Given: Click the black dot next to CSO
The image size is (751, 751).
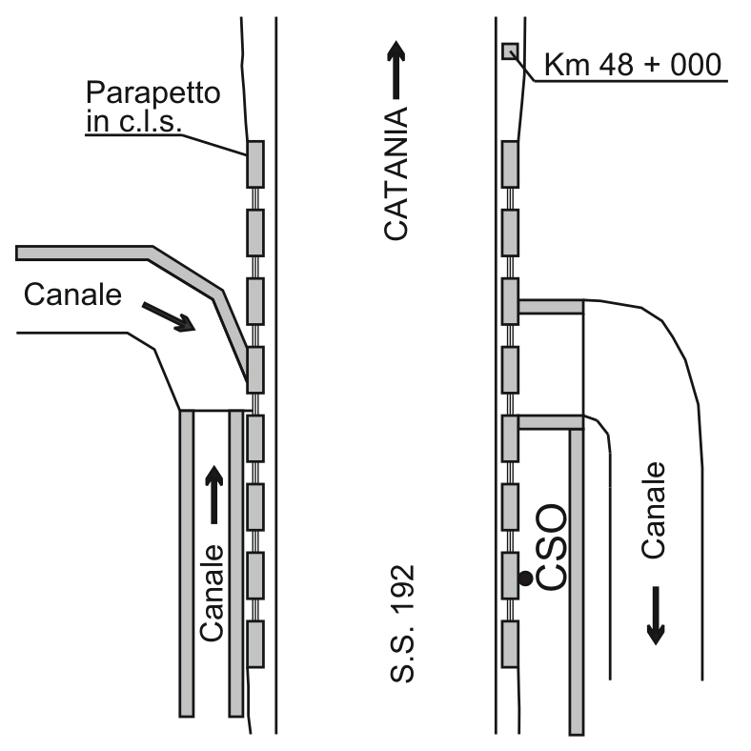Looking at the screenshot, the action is (x=525, y=578).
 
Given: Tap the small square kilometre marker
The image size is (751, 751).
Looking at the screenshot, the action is (x=510, y=51).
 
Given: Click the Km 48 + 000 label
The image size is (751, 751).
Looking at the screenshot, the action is (x=633, y=64).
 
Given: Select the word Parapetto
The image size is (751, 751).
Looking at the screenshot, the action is (x=152, y=92).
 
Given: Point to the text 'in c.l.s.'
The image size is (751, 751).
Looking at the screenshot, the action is (x=134, y=121).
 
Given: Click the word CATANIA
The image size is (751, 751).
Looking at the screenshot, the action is (x=396, y=173).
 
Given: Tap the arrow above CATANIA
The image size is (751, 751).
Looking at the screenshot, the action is (x=396, y=70).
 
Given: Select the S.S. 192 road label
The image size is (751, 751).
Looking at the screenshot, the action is (x=402, y=623).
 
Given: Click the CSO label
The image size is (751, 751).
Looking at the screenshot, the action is (x=550, y=547).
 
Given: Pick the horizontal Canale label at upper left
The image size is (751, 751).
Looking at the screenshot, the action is (x=72, y=294).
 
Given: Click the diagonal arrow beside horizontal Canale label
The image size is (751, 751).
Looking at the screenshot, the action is (x=169, y=316).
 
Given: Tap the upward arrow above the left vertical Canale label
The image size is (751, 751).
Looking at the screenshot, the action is (x=214, y=495).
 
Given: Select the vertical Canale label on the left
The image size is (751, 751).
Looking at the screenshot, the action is (x=212, y=593).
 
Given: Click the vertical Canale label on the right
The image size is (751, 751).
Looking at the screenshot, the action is (x=653, y=510).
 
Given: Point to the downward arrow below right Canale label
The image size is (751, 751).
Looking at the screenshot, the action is (x=656, y=616).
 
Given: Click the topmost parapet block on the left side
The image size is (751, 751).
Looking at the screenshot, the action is (x=255, y=164).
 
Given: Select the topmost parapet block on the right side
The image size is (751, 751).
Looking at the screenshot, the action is (x=510, y=164).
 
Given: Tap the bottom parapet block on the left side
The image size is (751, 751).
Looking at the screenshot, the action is (x=255, y=644).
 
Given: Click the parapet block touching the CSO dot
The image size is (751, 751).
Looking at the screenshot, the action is (x=510, y=576).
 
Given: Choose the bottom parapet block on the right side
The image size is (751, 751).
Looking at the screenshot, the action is (x=510, y=644).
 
